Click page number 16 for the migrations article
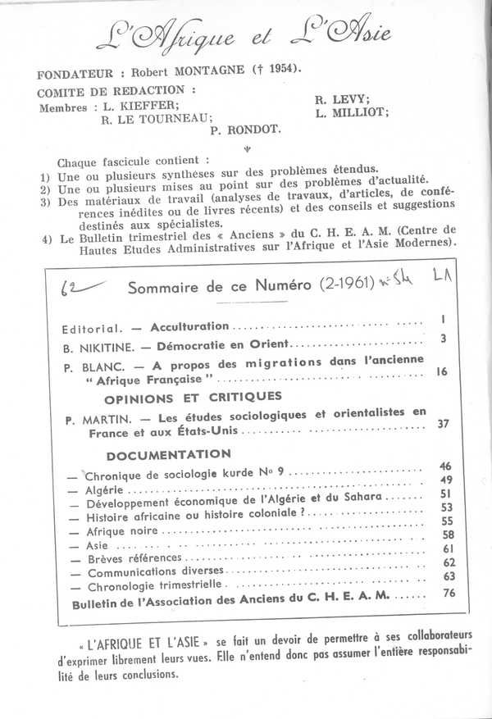click(441, 372)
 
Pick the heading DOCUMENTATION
click(169, 453)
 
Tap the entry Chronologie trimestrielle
click(156, 586)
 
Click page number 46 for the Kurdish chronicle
click(445, 466)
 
